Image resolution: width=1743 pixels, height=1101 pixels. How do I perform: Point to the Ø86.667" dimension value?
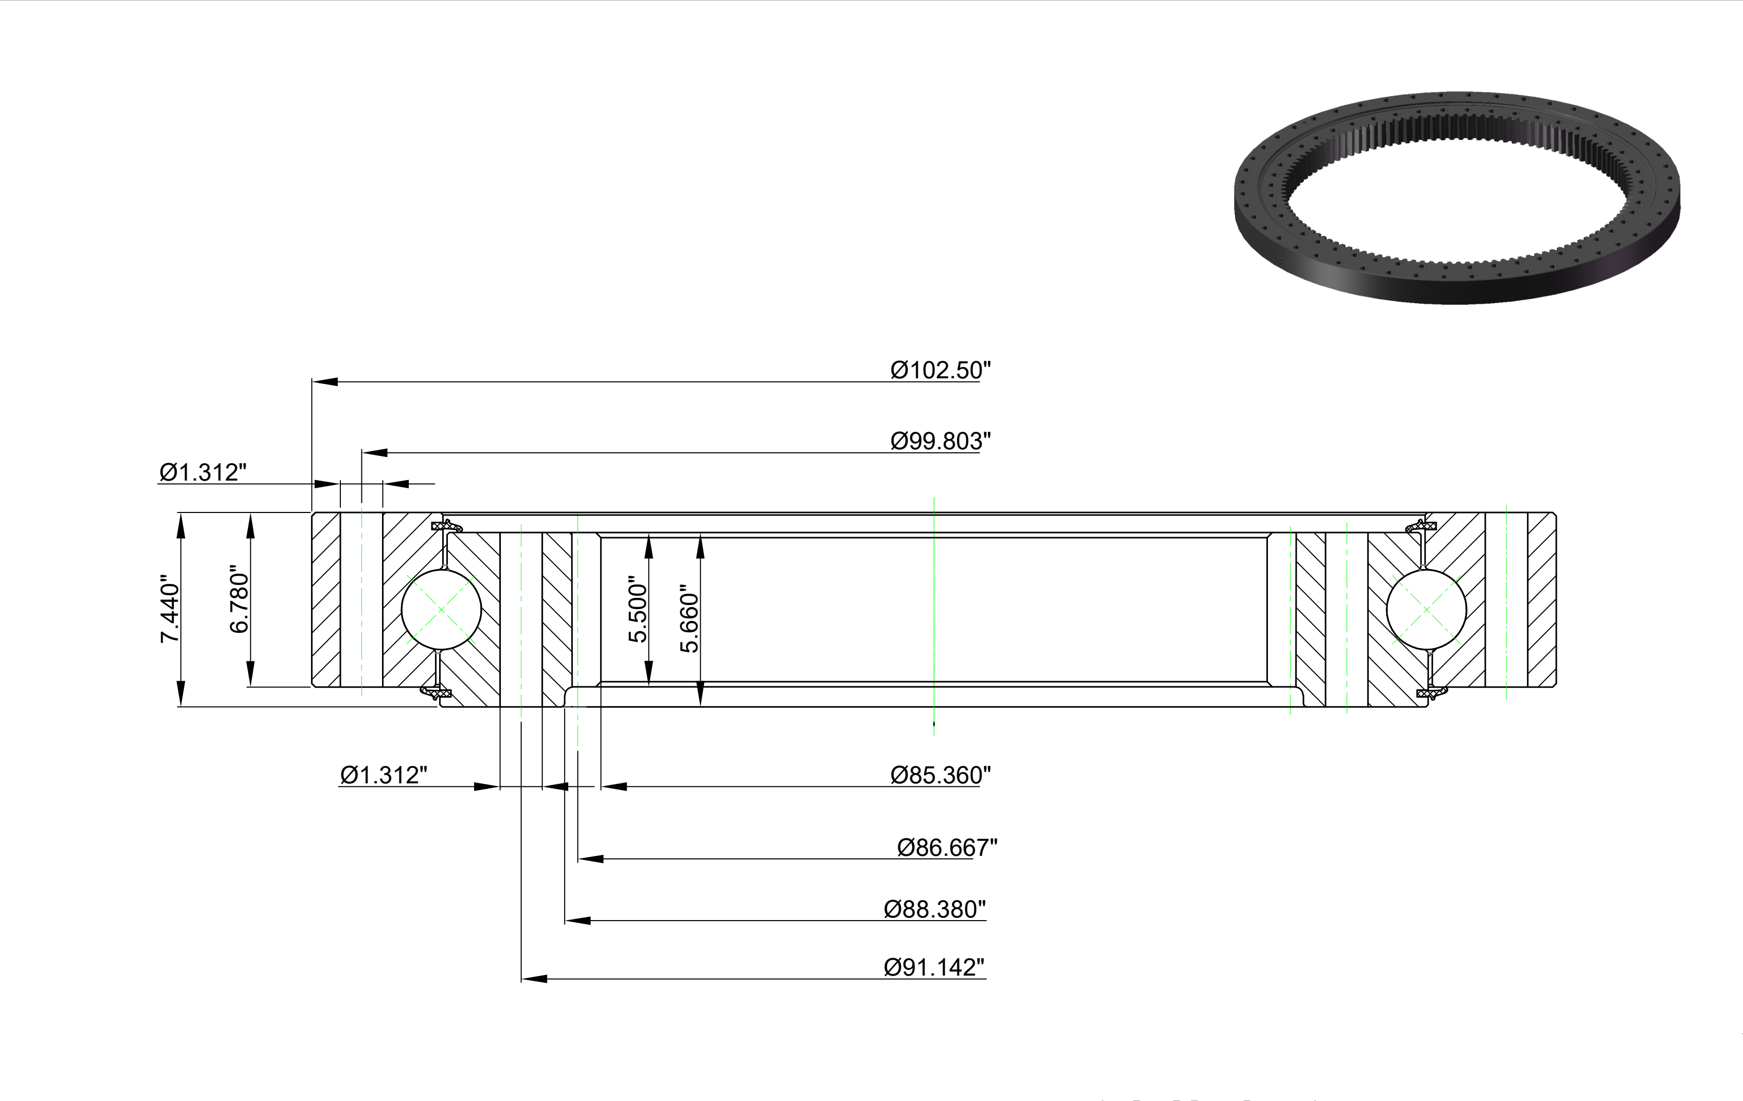947,847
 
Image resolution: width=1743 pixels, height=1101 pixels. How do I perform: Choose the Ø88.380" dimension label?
934,909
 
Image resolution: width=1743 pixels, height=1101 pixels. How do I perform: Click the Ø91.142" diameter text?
934,968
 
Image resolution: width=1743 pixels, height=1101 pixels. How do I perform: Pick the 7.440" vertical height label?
169,609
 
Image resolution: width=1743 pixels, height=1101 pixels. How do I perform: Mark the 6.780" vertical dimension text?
239,599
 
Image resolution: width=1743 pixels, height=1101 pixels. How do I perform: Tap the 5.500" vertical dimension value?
637,609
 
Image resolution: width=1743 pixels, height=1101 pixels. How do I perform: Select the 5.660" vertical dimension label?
689,619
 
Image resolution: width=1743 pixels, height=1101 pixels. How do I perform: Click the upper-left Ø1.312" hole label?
203,472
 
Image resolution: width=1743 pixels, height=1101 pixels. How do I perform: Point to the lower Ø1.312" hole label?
384,776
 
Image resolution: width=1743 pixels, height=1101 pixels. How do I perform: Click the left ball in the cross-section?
442,609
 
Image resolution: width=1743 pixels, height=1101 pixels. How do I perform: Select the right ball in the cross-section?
1426,609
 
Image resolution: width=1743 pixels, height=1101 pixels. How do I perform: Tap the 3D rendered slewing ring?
1457,197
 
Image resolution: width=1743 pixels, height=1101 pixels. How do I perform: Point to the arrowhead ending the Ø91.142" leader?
534,979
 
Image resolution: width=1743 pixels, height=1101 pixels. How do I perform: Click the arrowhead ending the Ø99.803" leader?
375,453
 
